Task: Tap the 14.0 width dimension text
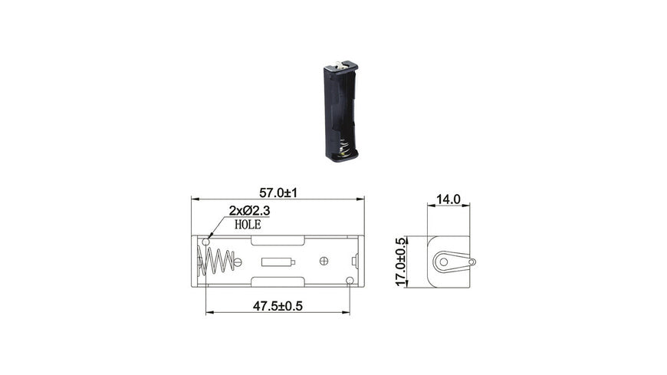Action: tap(447, 199)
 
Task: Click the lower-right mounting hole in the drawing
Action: tap(350, 281)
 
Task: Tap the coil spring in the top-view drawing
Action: tap(217, 262)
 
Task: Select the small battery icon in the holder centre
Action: tap(279, 262)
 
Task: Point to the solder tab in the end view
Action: tap(452, 262)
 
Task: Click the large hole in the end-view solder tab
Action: tap(443, 262)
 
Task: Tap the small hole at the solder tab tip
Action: tap(471, 262)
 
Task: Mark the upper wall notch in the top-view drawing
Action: tap(278, 241)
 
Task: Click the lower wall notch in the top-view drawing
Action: tap(278, 282)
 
